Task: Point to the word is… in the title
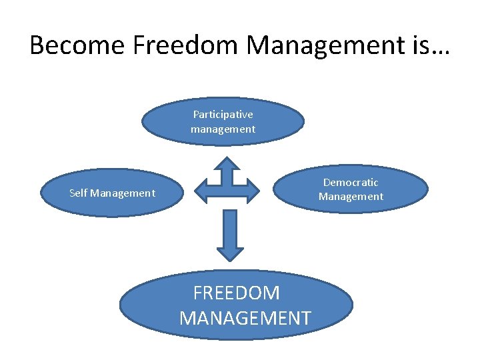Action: pyautogui.click(x=427, y=45)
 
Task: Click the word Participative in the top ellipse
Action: pyautogui.click(x=223, y=115)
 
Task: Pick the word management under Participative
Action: pyautogui.click(x=223, y=129)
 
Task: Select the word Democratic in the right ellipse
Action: pyautogui.click(x=351, y=182)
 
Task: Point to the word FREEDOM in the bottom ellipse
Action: pyautogui.click(x=237, y=293)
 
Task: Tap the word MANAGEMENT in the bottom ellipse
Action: pyautogui.click(x=245, y=318)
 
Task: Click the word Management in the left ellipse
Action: pyautogui.click(x=123, y=193)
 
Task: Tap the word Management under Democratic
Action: pyautogui.click(x=351, y=197)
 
